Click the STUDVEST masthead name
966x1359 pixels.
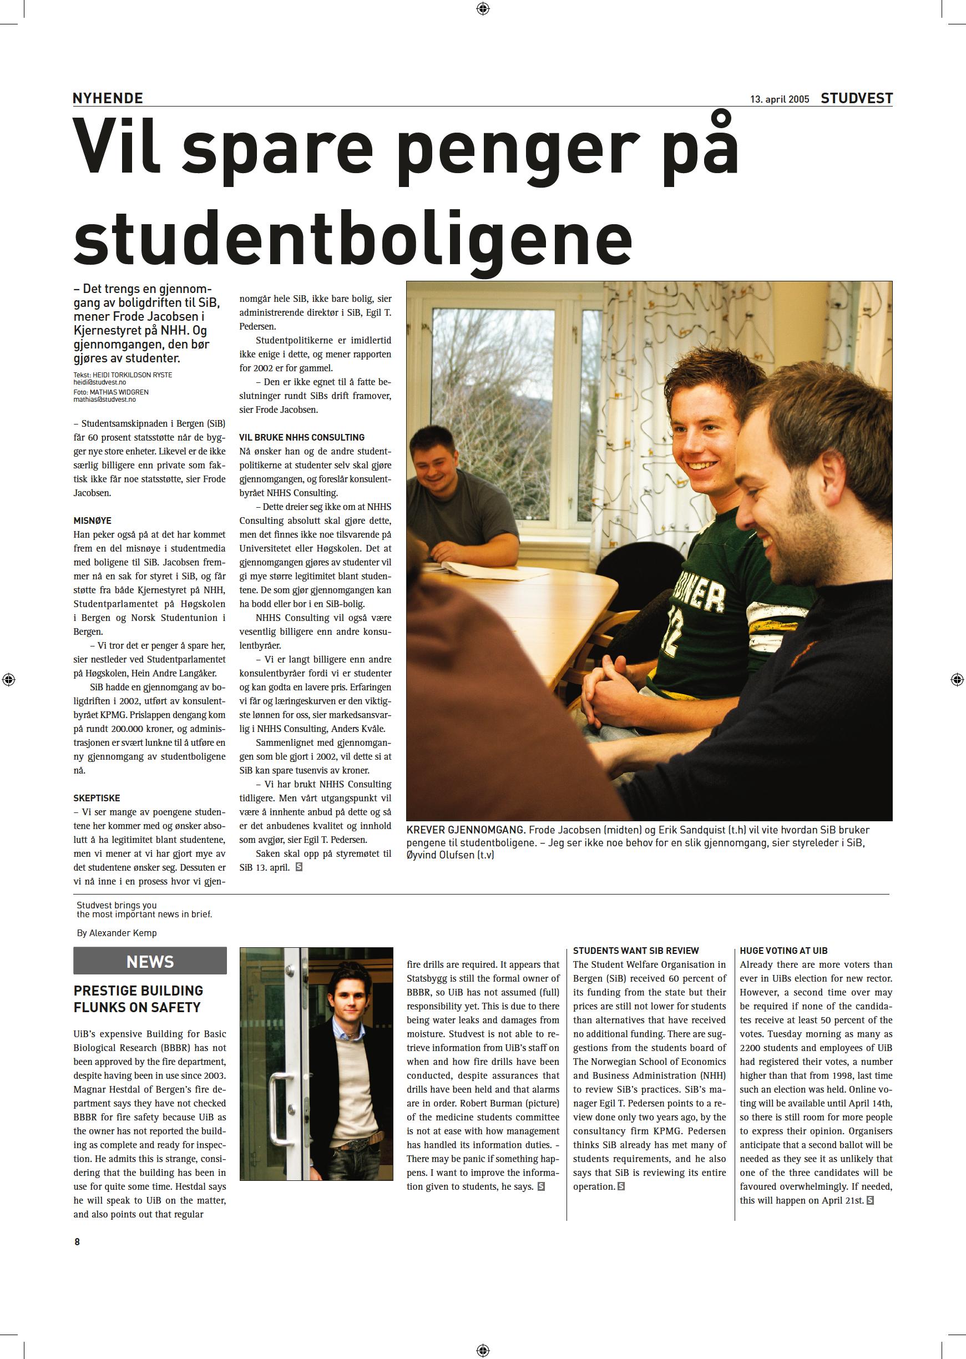coord(856,99)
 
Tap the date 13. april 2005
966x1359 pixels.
coord(779,99)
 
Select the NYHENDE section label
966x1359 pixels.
coord(108,98)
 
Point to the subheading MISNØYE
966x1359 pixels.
coord(92,521)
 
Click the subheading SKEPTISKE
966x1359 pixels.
coord(97,798)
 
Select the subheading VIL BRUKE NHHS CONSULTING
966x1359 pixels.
coord(302,437)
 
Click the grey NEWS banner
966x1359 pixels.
coord(150,962)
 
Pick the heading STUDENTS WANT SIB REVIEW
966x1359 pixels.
coord(635,951)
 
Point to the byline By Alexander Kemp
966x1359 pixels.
coord(117,933)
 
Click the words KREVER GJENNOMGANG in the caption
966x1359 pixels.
coord(466,830)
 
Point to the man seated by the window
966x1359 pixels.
coord(458,499)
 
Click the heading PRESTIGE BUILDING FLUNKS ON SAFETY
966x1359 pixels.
coord(138,999)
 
